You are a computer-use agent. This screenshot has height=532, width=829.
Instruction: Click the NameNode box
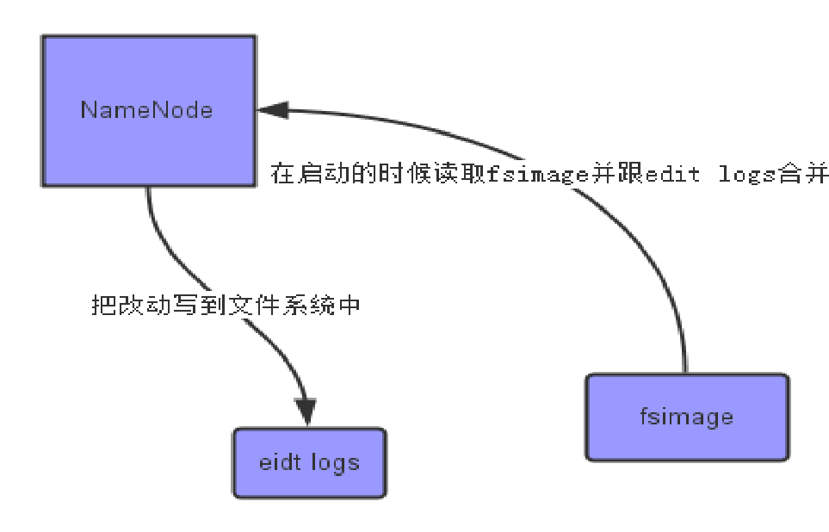click(148, 110)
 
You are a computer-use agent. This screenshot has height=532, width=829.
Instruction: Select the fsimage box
click(686, 417)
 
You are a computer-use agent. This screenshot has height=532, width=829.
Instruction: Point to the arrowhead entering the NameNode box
click(271, 109)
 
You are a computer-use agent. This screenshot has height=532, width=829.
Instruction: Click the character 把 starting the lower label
click(102, 305)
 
